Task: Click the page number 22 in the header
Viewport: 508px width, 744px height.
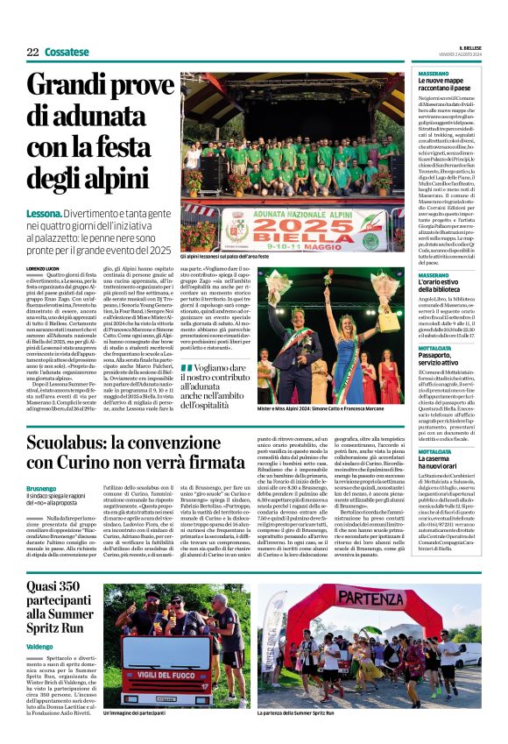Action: coord(32,53)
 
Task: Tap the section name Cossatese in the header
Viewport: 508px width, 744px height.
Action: coord(67,53)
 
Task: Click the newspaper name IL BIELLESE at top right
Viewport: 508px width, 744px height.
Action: coord(471,48)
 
